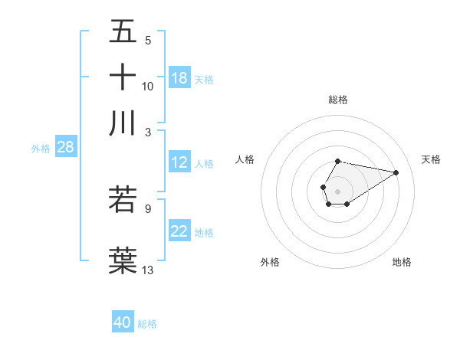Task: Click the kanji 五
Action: click(123, 31)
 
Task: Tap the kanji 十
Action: click(123, 77)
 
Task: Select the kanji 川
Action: click(123, 123)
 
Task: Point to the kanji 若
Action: click(123, 198)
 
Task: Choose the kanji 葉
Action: click(123, 258)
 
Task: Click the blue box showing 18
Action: click(179, 78)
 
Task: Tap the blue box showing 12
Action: click(179, 163)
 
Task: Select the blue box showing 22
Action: click(179, 232)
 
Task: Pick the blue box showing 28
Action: click(65, 148)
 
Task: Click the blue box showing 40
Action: click(123, 322)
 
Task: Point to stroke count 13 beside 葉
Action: click(148, 269)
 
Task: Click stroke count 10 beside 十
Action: click(148, 86)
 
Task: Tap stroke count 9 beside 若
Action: click(148, 208)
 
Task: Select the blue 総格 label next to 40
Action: click(147, 324)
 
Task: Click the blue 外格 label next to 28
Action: click(40, 149)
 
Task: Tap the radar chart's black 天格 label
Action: click(431, 159)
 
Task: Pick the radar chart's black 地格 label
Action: click(402, 262)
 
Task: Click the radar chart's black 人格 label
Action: click(245, 159)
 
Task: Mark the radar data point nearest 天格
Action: click(396, 172)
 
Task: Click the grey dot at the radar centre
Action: click(337, 191)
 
